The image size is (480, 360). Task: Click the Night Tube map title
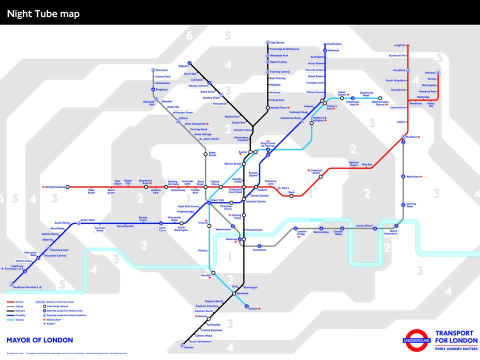pos(43,13)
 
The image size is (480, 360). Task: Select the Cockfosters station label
pos(334,44)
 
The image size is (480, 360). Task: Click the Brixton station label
pos(253,308)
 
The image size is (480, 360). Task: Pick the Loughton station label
pos(400,45)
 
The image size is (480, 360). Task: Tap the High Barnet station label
pos(277,42)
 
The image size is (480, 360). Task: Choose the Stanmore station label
pos(161,70)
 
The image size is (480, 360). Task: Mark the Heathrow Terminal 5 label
pos(25,287)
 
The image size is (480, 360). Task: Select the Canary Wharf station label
pos(364,226)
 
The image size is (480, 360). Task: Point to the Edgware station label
pos(183,66)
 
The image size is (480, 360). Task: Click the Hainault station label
pos(430,72)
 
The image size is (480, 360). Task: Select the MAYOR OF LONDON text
pos(39,340)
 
